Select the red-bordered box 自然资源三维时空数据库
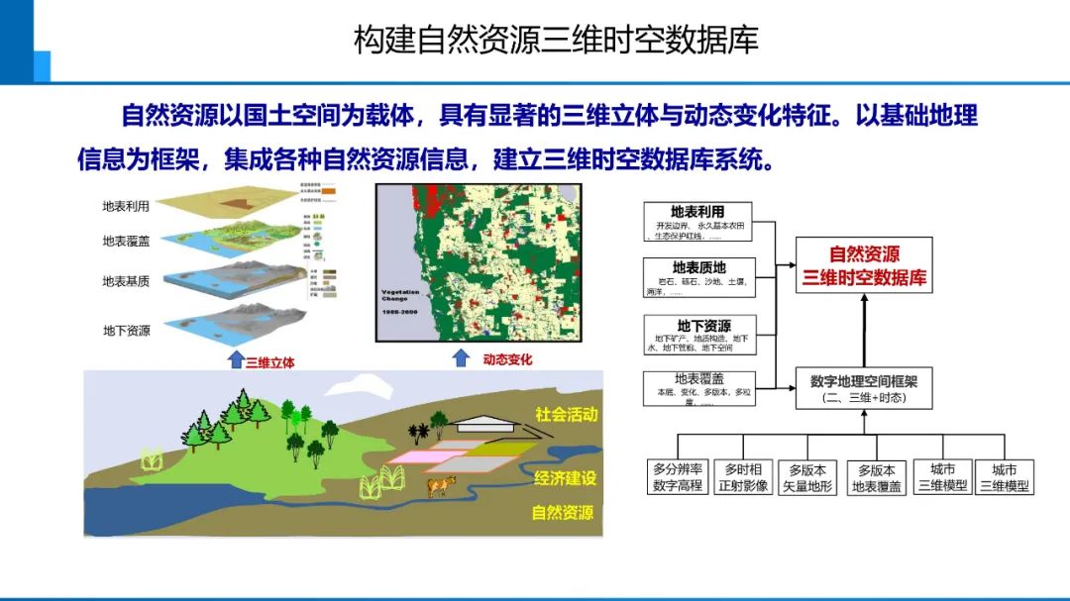tap(865, 265)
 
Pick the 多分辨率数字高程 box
tap(677, 477)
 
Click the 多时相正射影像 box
tap(743, 477)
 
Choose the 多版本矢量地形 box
tap(807, 477)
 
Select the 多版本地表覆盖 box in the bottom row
tap(876, 477)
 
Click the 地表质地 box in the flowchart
tap(699, 276)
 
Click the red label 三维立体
tap(269, 362)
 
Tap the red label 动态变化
tap(507, 359)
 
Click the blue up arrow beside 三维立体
tap(235, 358)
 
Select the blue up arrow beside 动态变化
tap(461, 356)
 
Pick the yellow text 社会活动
tap(566, 415)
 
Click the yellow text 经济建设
tap(565, 478)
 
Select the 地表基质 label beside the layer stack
tap(126, 282)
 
